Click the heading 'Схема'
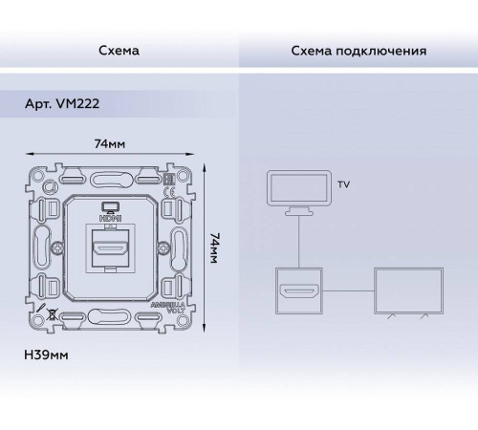[x=119, y=50]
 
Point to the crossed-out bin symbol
[x=50, y=312]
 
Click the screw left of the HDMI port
[x=59, y=248]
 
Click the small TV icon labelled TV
[x=299, y=189]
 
